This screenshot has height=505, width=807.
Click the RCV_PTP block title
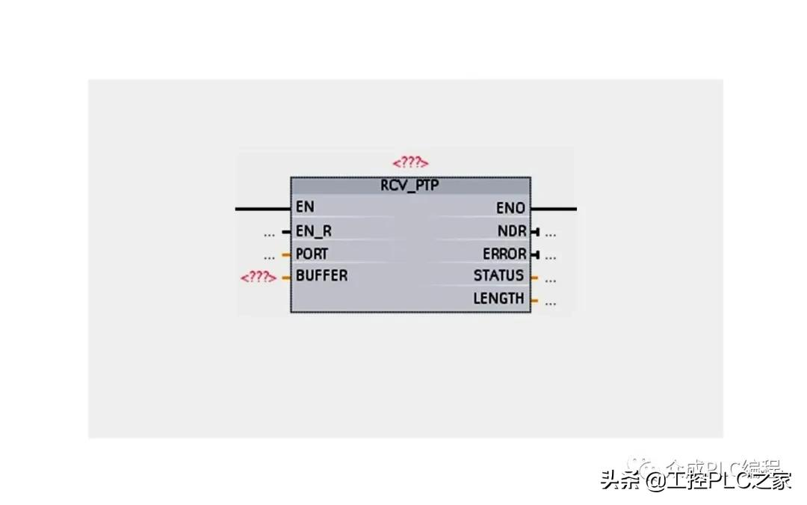(409, 186)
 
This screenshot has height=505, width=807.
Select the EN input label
(305, 207)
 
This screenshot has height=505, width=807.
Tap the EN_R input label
(314, 231)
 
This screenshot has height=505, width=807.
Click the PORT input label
(312, 254)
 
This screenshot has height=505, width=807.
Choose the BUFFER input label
(321, 275)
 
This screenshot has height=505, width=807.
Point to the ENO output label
(511, 208)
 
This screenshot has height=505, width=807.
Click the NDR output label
(513, 231)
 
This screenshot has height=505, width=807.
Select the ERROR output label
(504, 254)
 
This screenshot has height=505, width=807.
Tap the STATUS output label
(498, 275)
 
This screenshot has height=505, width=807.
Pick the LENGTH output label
(498, 299)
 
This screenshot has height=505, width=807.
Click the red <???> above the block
(410, 162)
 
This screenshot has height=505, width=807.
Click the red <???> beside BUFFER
(258, 277)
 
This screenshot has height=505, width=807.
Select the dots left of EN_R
(269, 233)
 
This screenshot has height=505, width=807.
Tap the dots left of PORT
(269, 256)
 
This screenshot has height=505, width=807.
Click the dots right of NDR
(551, 233)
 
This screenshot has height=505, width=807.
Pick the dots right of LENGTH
(551, 303)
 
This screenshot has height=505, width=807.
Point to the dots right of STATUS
(551, 280)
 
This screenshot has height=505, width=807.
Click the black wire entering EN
(262, 209)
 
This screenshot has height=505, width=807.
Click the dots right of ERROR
(551, 256)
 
